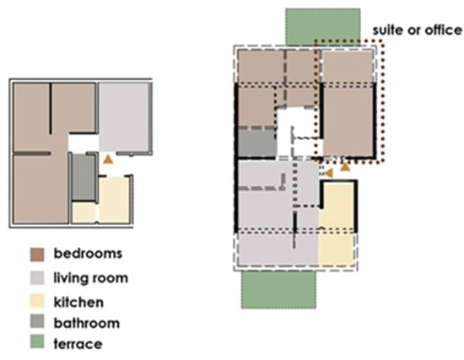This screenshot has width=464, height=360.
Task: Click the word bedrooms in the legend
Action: coord(88,254)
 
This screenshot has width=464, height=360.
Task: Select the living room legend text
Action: coord(90,278)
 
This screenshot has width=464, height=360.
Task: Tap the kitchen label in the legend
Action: coord(78,302)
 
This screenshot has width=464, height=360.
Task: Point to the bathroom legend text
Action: coord(87,323)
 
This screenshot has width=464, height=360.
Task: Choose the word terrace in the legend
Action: coord(78,344)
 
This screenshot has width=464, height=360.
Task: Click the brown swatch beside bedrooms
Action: coord(37,255)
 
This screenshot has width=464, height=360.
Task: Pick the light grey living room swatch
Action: coord(37,277)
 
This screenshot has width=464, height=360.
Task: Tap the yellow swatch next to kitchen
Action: coord(37,301)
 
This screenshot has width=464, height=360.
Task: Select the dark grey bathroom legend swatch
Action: coord(37,321)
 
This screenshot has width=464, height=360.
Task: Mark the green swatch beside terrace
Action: coord(37,341)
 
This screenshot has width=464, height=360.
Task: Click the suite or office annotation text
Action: coord(417,30)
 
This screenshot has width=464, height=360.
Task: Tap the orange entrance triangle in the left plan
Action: coord(108,159)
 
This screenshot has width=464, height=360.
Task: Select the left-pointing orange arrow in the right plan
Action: coord(328,173)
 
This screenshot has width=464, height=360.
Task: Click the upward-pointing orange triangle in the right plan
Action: coord(345,167)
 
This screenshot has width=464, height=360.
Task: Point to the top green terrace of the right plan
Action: coord(323,27)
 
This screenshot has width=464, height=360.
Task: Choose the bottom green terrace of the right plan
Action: coord(278,290)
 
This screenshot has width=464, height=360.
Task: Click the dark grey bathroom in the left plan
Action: coord(84,177)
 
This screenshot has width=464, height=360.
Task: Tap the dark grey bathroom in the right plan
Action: coord(257,143)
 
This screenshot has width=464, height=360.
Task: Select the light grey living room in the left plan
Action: coord(124,117)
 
